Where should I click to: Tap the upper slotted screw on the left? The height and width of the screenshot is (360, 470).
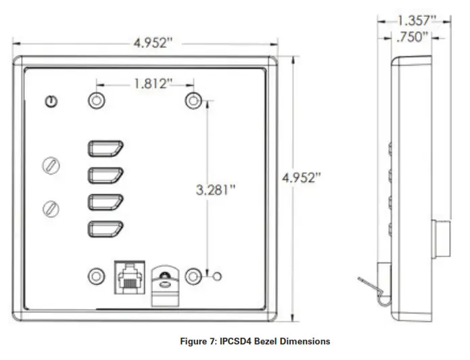[x=50, y=165]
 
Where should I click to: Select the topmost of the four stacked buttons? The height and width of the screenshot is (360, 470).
[x=105, y=149]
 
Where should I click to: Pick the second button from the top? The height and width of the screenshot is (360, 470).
[x=105, y=175]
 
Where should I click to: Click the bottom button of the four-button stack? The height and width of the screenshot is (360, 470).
[x=105, y=229]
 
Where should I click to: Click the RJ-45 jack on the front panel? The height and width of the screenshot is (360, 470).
[x=128, y=277]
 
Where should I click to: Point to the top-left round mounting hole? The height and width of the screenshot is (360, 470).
[x=97, y=101]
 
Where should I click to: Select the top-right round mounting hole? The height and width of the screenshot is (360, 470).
[x=194, y=101]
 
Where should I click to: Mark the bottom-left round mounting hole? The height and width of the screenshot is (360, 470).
[x=97, y=277]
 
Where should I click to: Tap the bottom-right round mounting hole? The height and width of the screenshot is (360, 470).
[x=194, y=277]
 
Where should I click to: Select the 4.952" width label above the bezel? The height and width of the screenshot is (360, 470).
[x=154, y=43]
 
